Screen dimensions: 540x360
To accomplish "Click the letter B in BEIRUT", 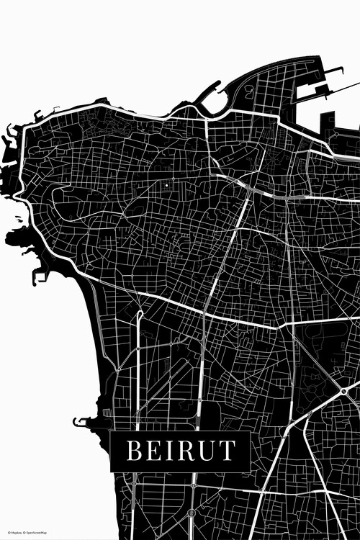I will [135, 451].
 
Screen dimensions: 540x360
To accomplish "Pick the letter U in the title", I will [207, 451].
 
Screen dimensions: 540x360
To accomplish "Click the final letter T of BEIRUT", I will [226, 451].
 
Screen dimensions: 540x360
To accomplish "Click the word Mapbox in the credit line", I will [15, 534].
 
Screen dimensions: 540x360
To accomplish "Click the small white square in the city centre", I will [167, 185].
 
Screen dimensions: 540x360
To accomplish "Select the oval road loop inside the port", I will [249, 92].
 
